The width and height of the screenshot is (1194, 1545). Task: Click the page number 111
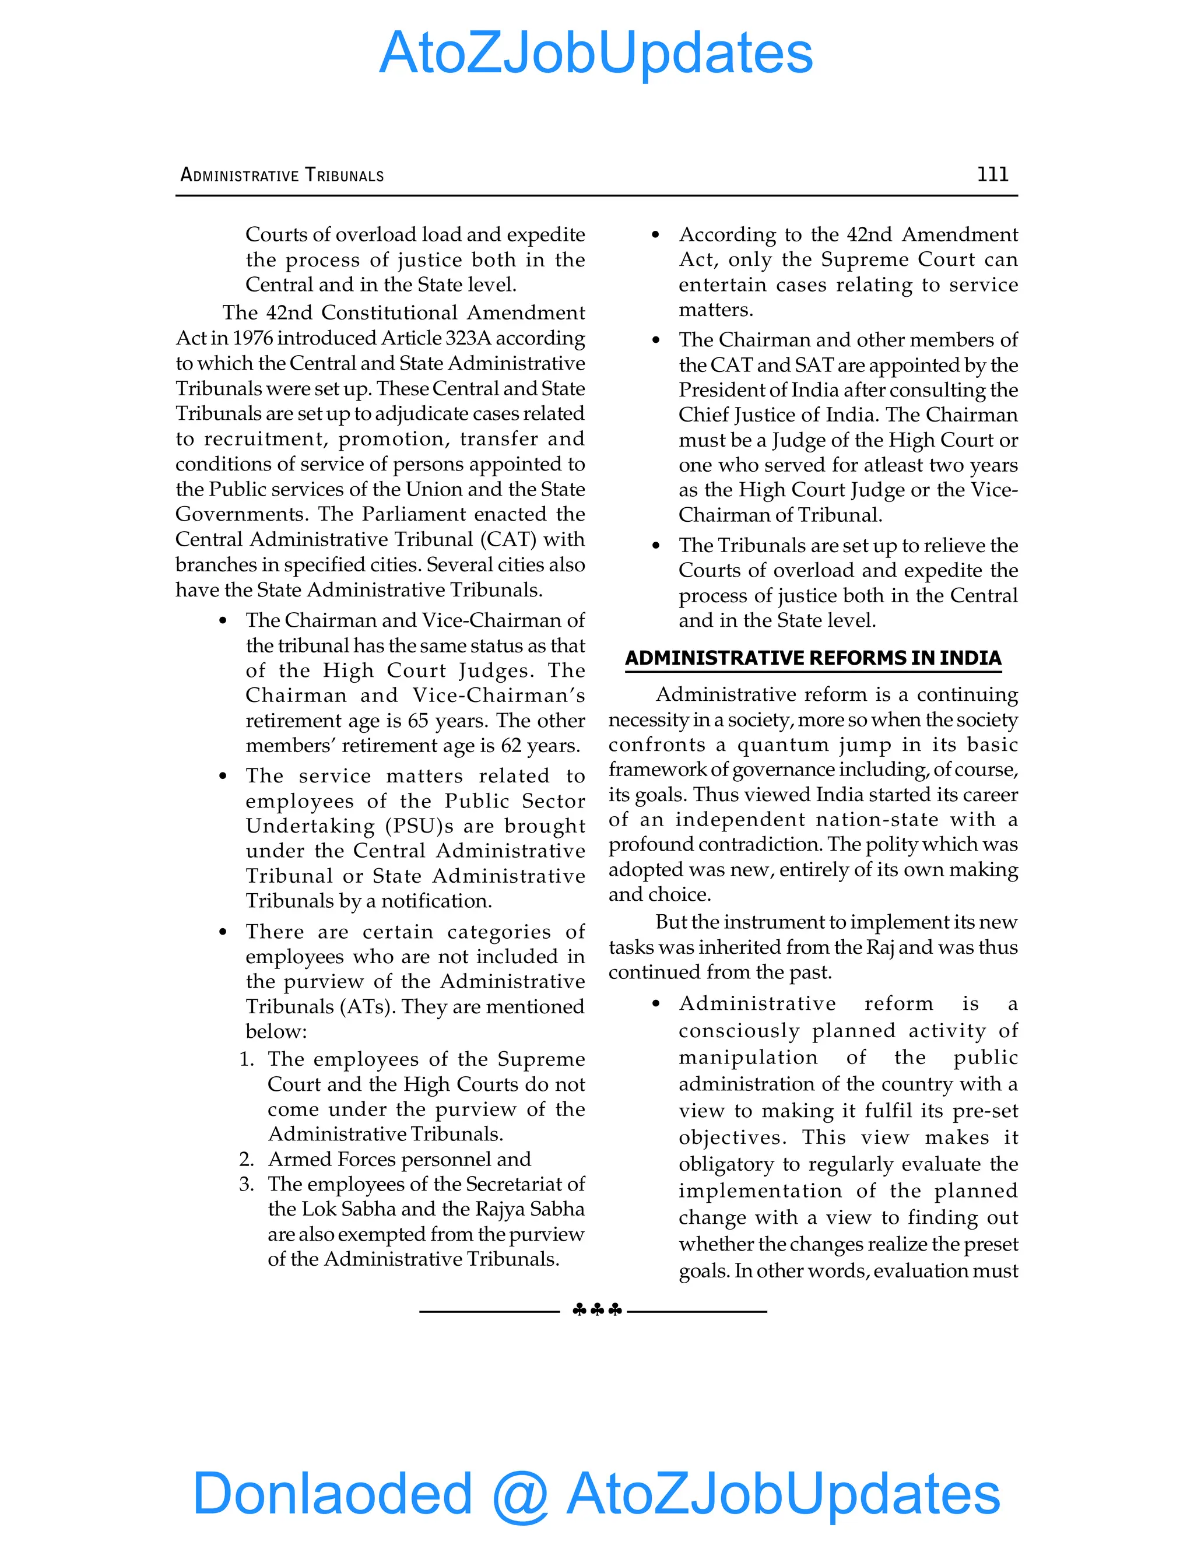pyautogui.click(x=992, y=174)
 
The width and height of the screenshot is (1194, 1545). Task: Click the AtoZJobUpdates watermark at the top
pyautogui.click(x=596, y=53)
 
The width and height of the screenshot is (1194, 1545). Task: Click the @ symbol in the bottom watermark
pyautogui.click(x=520, y=1494)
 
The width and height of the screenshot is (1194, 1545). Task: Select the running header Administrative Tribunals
pyautogui.click(x=282, y=175)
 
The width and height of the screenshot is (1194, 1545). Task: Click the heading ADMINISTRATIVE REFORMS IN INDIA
pyautogui.click(x=813, y=658)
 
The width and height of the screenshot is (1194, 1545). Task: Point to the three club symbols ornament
pyautogui.click(x=596, y=1310)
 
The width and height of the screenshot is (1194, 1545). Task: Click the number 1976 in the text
pyautogui.click(x=255, y=338)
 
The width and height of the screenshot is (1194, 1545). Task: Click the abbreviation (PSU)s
pyautogui.click(x=420, y=826)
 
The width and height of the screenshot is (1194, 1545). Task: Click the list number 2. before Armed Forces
pyautogui.click(x=246, y=1159)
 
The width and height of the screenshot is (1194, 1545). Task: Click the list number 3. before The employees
pyautogui.click(x=246, y=1184)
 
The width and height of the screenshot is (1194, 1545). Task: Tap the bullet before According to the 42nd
pyautogui.click(x=656, y=235)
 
